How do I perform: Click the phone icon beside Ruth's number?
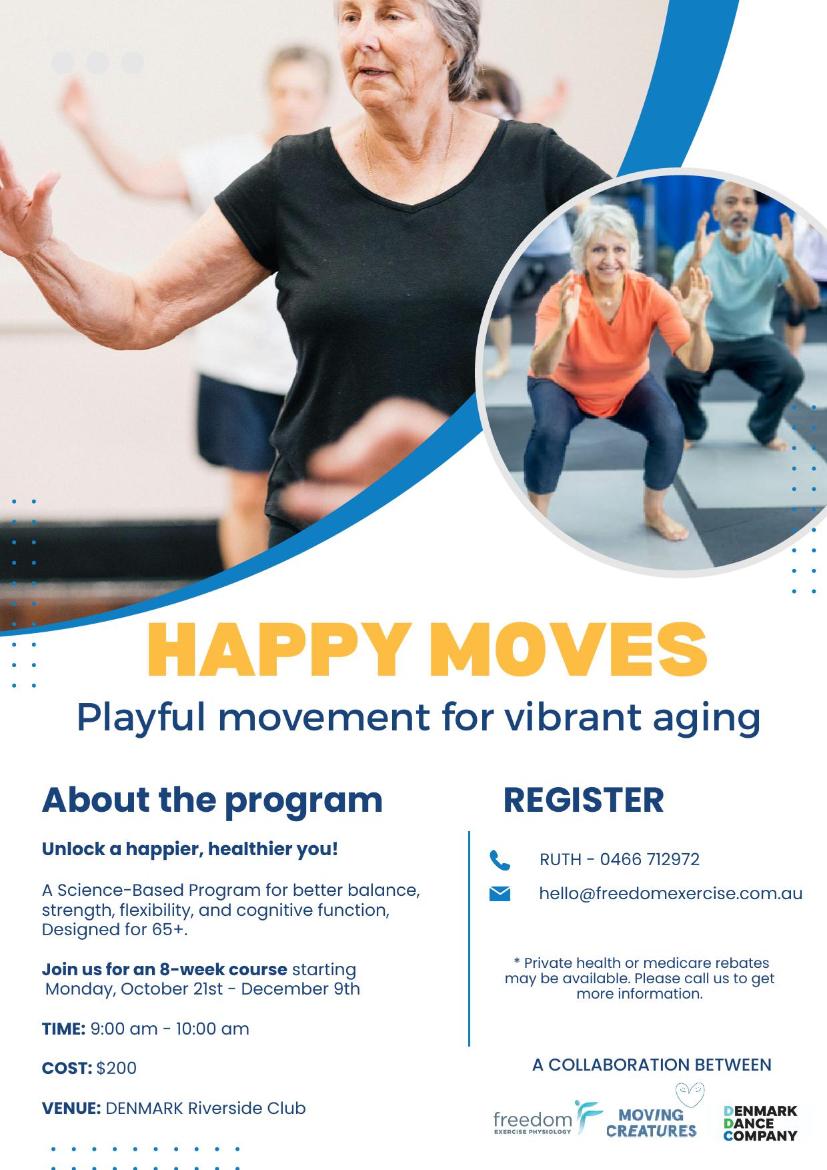(x=500, y=860)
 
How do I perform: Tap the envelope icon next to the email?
(x=500, y=894)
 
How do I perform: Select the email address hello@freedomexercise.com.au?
(x=671, y=894)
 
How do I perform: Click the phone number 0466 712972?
(x=650, y=859)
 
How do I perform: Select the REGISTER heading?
(x=584, y=800)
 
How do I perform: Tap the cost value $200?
(x=117, y=1068)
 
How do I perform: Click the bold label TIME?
(x=63, y=1029)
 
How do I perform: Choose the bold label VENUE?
(x=71, y=1108)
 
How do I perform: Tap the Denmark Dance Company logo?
(x=760, y=1123)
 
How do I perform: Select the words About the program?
(x=212, y=800)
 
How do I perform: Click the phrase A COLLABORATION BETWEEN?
(x=652, y=1065)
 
